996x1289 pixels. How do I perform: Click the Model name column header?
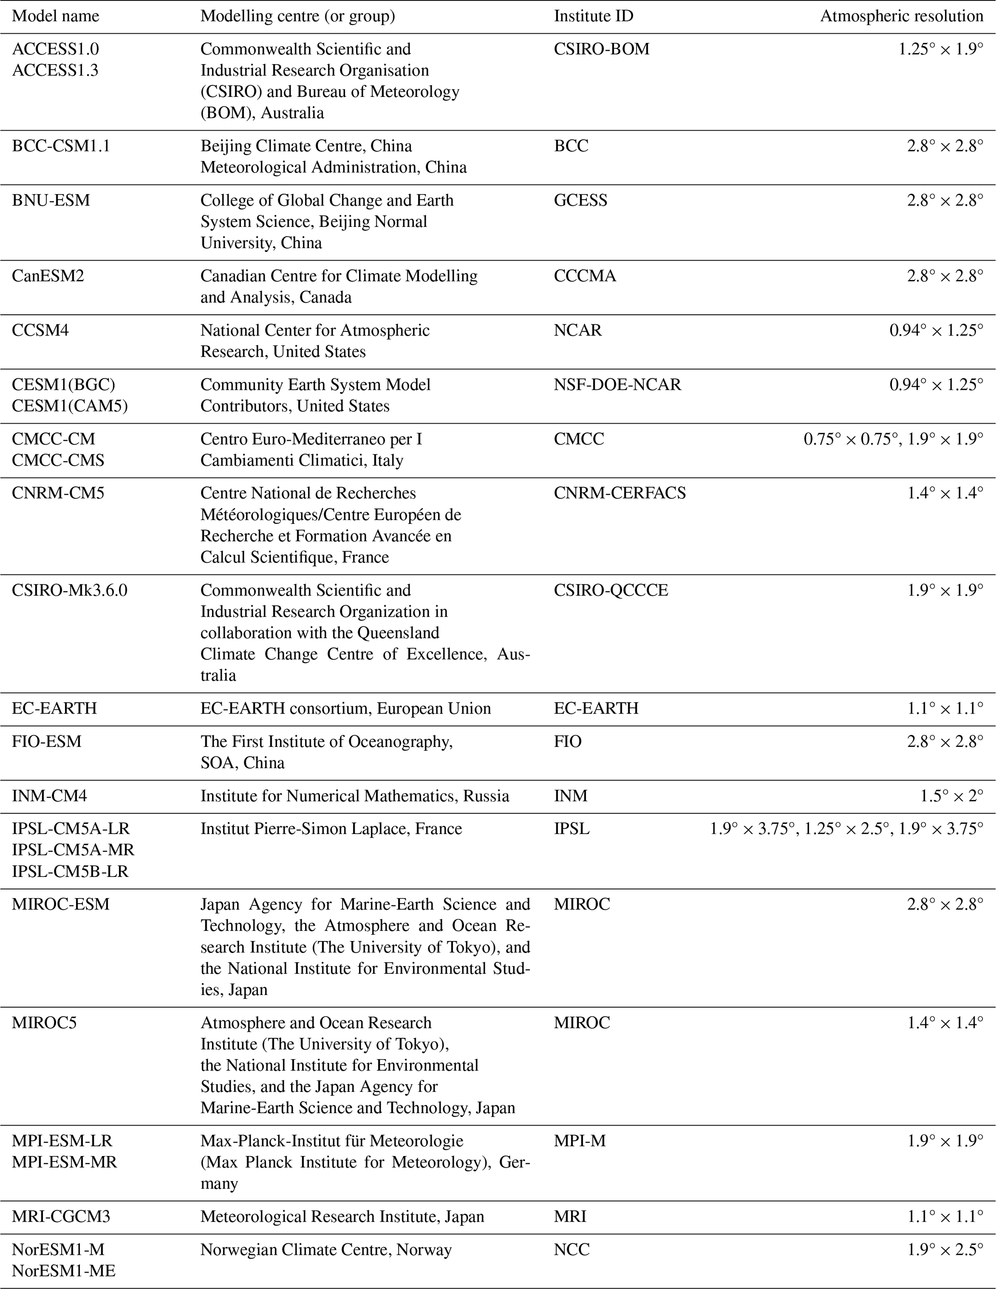(55, 16)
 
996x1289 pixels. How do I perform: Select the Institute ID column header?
(593, 16)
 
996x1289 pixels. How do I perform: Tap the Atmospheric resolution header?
(902, 16)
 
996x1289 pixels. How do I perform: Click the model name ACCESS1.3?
(55, 70)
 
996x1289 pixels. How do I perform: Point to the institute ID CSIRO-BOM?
(601, 49)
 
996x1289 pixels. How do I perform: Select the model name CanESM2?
(48, 276)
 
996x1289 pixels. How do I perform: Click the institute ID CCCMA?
(585, 276)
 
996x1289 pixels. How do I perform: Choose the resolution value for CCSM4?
(936, 330)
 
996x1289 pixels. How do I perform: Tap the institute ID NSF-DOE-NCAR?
(617, 384)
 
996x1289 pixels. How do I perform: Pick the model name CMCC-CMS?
(58, 460)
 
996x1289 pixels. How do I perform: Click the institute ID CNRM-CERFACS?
(620, 493)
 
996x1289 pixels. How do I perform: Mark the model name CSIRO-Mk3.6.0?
(69, 590)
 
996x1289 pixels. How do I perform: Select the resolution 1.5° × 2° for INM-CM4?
(952, 796)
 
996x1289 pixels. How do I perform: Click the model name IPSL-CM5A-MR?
(73, 850)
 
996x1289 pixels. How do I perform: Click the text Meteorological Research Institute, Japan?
(342, 1216)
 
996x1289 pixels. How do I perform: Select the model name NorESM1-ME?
(64, 1271)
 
